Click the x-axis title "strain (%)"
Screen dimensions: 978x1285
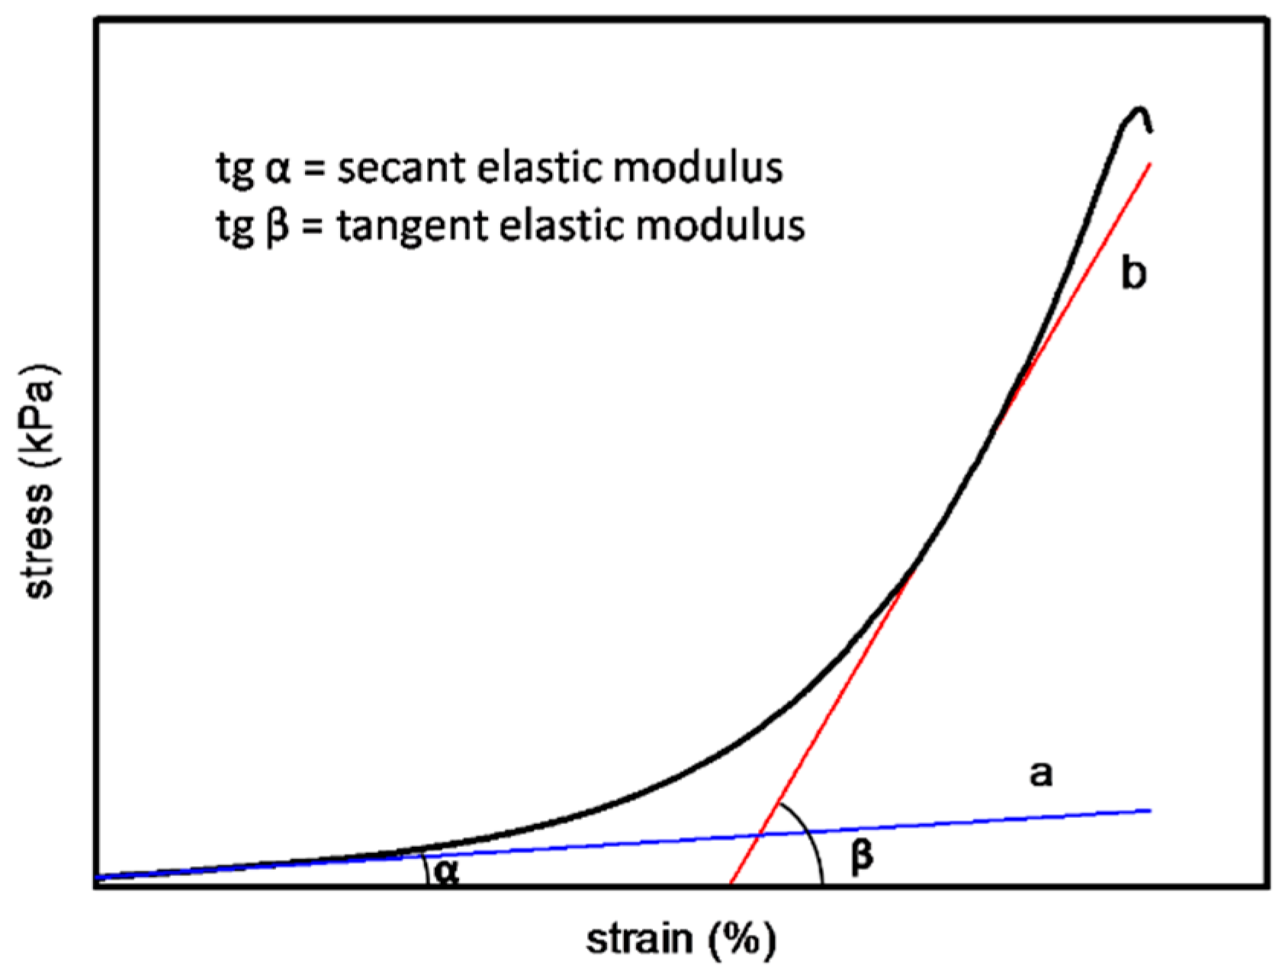pyautogui.click(x=680, y=941)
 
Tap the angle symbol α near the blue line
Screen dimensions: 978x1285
pyautogui.click(x=447, y=871)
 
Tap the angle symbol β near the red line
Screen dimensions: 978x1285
pyautogui.click(x=861, y=857)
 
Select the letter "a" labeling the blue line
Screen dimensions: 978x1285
pyautogui.click(x=1041, y=774)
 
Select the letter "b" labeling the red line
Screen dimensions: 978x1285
pyautogui.click(x=1133, y=272)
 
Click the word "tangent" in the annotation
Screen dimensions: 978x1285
pyautogui.click(x=411, y=226)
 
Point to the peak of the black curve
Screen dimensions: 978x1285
pyautogui.click(x=1139, y=109)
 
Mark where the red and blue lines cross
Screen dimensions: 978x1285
pyautogui.click(x=759, y=835)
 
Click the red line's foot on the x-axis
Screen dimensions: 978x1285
pyautogui.click(x=731, y=885)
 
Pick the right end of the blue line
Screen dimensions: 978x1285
pyautogui.click(x=1149, y=810)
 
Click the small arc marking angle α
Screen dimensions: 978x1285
pyautogui.click(x=425, y=869)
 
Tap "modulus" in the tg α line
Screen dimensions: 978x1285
pyautogui.click(x=698, y=169)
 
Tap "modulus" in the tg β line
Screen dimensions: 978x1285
pyautogui.click(x=720, y=226)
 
